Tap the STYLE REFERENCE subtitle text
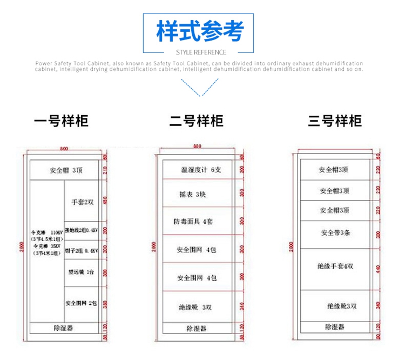tap(202, 52)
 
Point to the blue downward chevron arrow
tap(200, 88)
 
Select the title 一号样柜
tap(61, 121)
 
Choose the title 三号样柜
tap(335, 121)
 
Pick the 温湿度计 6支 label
tap(200, 170)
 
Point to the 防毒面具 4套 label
tap(197, 222)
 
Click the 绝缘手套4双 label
tap(335, 266)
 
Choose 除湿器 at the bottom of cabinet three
tap(335, 326)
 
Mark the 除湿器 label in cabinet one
tap(63, 328)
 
